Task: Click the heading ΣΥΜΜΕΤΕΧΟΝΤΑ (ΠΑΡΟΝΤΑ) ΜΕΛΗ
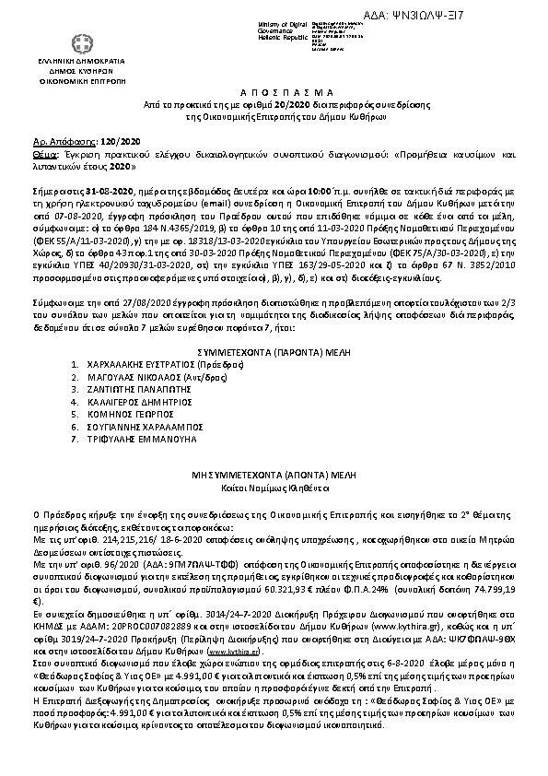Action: (x=273, y=351)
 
